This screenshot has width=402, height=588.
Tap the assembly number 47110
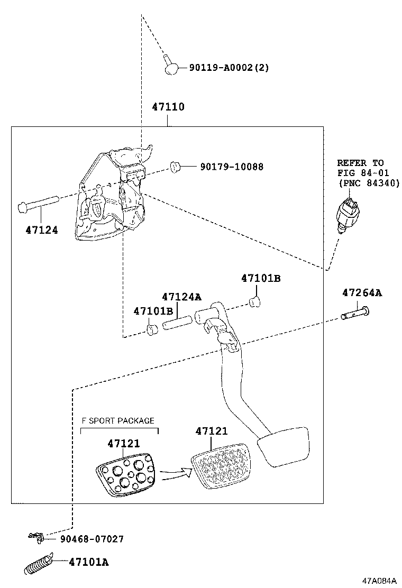click(168, 107)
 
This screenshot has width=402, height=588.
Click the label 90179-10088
click(232, 167)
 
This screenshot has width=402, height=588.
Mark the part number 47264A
click(361, 292)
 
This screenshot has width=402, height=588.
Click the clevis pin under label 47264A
click(354, 315)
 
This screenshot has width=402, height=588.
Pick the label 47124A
click(181, 297)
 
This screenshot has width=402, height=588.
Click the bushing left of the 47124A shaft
click(152, 330)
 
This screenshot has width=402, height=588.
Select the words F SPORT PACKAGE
click(117, 421)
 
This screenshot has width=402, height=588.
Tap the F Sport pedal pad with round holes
click(125, 476)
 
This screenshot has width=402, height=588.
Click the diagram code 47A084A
click(379, 580)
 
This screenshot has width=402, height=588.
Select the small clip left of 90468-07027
click(36, 537)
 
